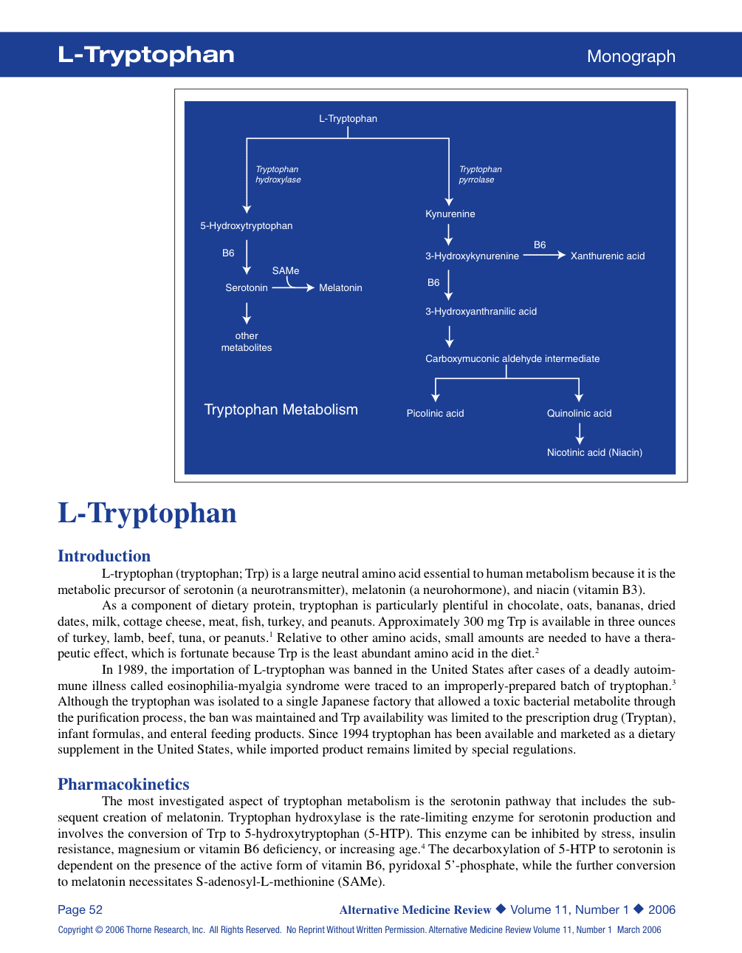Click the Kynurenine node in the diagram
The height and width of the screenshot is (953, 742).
tap(450, 214)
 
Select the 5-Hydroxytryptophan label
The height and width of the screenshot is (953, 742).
tap(247, 226)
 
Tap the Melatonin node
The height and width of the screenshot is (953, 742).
tap(340, 288)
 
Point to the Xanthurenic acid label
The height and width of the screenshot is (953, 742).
tap(608, 256)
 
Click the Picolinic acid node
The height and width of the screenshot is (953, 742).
tap(435, 414)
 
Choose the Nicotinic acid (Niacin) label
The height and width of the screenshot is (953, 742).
tap(594, 453)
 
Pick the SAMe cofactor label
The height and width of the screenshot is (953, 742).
tap(286, 271)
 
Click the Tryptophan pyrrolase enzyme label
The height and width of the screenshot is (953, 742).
tap(480, 174)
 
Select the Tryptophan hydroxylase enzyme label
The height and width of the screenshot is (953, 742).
tap(278, 174)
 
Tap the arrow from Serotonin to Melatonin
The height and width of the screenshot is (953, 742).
tap(294, 287)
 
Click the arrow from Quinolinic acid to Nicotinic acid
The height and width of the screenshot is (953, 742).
tap(580, 434)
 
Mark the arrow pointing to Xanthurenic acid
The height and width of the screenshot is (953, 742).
tap(544, 256)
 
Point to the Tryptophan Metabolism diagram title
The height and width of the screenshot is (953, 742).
tap(281, 410)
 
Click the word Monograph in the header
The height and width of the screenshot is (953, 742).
tap(631, 57)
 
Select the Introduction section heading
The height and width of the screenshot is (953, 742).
tap(104, 556)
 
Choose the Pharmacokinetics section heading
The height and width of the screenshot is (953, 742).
tap(123, 785)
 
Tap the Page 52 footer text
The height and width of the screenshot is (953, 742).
tap(80, 910)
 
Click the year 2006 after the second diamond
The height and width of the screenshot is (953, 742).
tap(662, 910)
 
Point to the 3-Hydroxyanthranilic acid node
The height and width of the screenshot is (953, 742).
tap(481, 312)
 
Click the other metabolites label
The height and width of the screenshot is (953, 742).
tap(247, 342)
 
